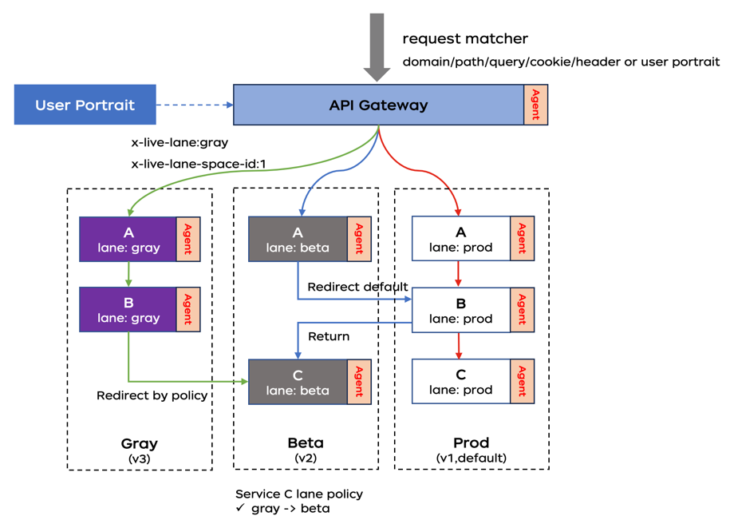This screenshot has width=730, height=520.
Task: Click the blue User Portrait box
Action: (x=85, y=105)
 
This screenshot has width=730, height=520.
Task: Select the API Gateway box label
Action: (x=378, y=105)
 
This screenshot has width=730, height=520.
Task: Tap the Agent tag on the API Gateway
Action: (x=535, y=105)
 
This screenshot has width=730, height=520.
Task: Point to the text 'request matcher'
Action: (x=465, y=38)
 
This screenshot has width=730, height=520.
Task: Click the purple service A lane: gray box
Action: (x=128, y=240)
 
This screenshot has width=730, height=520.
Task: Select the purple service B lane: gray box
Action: (x=128, y=309)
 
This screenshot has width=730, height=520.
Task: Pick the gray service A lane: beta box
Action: (x=298, y=240)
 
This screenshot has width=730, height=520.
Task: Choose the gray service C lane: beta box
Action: (x=298, y=382)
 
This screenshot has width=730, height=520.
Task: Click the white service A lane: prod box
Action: (x=460, y=239)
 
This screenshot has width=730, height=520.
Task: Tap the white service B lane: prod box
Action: (x=460, y=310)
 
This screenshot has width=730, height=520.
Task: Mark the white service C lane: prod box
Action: (x=460, y=381)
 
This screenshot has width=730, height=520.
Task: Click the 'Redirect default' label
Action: (x=357, y=287)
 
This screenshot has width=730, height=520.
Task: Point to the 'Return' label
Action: (x=329, y=336)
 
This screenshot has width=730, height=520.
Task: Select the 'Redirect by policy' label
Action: (x=152, y=395)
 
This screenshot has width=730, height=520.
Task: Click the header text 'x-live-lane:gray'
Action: (x=180, y=143)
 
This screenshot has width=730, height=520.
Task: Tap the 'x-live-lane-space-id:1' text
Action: (x=198, y=164)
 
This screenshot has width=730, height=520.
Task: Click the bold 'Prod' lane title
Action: (x=471, y=443)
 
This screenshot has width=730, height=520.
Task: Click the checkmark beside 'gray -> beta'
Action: (x=239, y=508)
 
